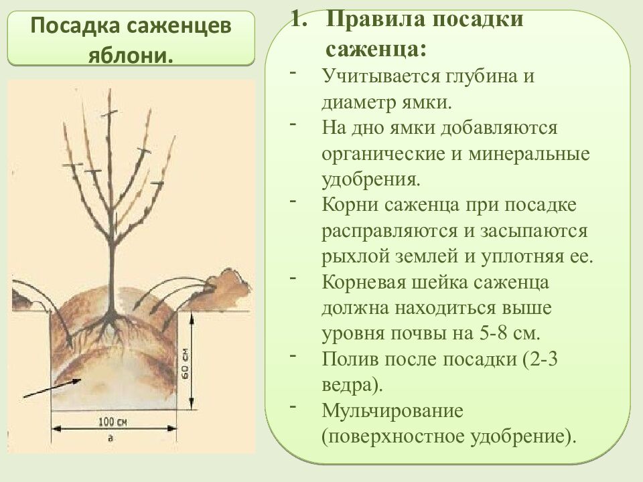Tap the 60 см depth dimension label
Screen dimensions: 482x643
(184, 366)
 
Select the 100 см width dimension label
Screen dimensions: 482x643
(113, 422)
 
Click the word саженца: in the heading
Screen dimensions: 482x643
(376, 49)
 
